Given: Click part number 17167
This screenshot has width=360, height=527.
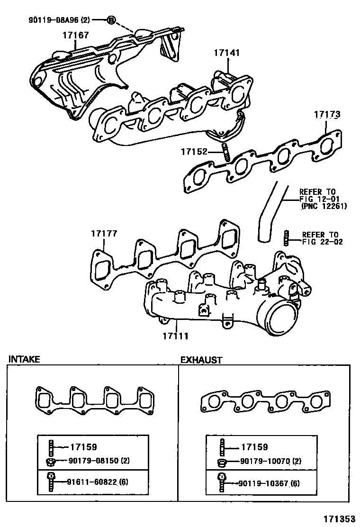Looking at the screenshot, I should coord(75,35).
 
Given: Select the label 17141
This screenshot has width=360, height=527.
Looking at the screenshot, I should coord(226,53).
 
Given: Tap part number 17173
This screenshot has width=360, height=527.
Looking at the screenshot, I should coord(326,115).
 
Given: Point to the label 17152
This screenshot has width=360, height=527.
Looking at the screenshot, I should coord(194,152).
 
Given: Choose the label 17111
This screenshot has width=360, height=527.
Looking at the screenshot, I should coord(176,336).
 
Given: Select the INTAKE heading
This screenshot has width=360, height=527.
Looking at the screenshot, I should coord(24,359).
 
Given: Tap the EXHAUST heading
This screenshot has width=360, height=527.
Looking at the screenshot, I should coord(201,360).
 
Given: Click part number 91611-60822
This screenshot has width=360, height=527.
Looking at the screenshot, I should coord(91,482).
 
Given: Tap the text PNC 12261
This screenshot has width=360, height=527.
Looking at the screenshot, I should coord(324,206).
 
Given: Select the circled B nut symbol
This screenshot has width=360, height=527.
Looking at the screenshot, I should coord(110,19).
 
